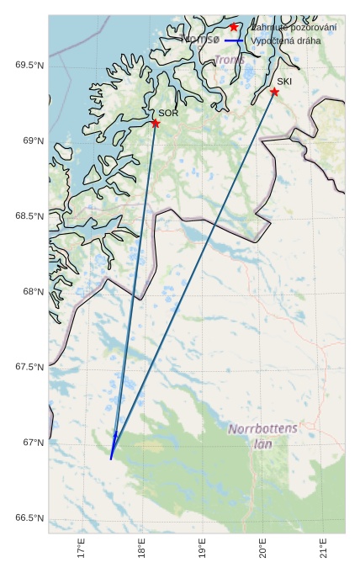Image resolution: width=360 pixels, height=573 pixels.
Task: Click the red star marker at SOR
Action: click(x=156, y=123)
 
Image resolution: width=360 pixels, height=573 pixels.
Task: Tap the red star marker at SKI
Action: click(x=274, y=92)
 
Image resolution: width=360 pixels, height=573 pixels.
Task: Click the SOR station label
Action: click(x=168, y=113)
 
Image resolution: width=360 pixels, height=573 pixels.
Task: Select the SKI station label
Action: click(x=284, y=82)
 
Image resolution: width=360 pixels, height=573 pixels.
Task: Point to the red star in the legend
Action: click(x=234, y=27)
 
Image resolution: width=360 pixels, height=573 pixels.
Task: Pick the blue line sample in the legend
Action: click(x=234, y=40)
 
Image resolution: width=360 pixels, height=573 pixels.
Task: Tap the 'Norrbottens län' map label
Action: click(x=263, y=435)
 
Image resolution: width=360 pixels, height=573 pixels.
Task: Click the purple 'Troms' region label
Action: click(x=230, y=61)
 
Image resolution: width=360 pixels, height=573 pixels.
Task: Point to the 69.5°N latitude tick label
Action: click(x=28, y=66)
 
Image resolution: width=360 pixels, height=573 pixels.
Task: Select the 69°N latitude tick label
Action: click(x=32, y=141)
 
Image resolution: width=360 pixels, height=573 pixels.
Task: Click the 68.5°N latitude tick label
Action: click(x=28, y=216)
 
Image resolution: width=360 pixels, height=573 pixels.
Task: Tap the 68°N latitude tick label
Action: click(x=32, y=292)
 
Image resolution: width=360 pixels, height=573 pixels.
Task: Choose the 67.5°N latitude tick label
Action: click(x=28, y=367)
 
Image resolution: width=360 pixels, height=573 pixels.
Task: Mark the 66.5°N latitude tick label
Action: click(x=28, y=517)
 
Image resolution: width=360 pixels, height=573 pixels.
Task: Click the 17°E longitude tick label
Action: click(x=82, y=549)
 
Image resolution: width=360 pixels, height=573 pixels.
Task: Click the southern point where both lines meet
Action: click(x=111, y=458)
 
